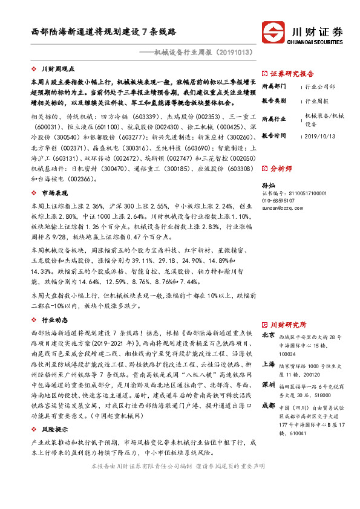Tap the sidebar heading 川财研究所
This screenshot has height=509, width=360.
coord(288,325)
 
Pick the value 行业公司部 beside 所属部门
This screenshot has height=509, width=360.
coord(319,86)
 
